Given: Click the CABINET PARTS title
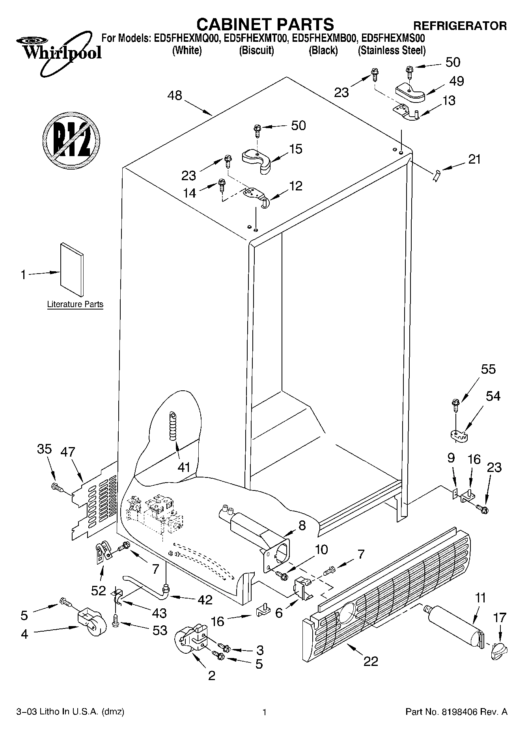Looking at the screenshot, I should tap(265, 24).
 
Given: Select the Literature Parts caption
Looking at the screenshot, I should tap(75, 304).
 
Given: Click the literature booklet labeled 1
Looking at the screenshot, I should tap(72, 269).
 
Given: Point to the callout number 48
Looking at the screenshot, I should tap(175, 95).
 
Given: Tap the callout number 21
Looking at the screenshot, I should tap(475, 159).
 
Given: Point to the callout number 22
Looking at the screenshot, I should tap(371, 661).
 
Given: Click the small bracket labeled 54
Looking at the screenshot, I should tap(457, 435).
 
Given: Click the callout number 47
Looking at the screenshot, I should tap(67, 451).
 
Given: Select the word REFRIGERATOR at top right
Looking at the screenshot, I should tap(459, 26).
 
